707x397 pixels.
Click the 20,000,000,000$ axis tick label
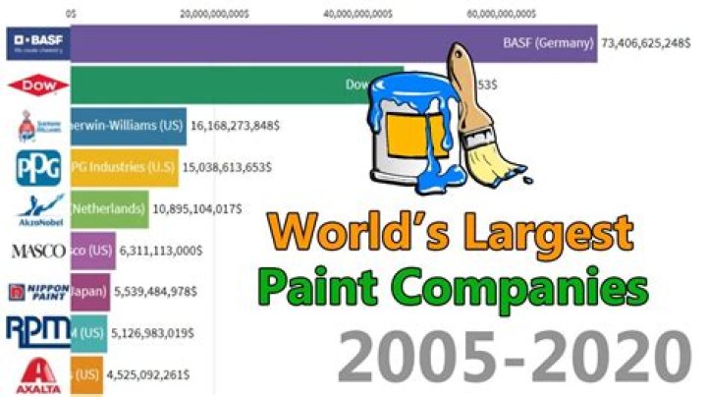click(x=221, y=15)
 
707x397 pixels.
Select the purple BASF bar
click(x=295, y=43)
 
